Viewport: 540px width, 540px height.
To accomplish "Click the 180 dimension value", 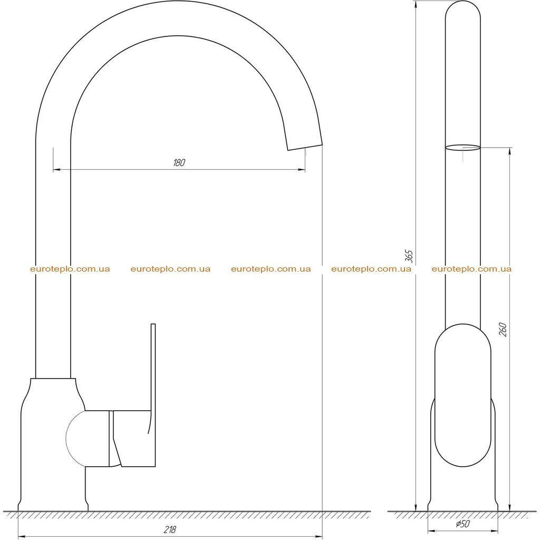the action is (x=179, y=162).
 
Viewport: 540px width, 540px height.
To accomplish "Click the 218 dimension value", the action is (x=169, y=529).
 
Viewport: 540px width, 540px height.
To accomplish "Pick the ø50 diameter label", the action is (x=462, y=524).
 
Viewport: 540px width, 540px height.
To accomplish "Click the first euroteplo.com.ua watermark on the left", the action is (x=70, y=269).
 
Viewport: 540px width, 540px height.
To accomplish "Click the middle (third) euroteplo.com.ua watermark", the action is (x=271, y=269).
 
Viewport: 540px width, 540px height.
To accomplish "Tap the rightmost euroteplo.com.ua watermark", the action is (x=471, y=269).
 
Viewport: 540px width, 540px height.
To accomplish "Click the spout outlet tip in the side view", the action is (x=305, y=147).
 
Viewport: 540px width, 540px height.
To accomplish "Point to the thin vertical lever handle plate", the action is (x=153, y=395).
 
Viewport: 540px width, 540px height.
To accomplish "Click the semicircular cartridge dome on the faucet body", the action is (x=75, y=438).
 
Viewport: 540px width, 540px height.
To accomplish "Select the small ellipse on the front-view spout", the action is (x=462, y=148).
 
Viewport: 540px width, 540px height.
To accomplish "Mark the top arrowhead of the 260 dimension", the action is (x=510, y=151).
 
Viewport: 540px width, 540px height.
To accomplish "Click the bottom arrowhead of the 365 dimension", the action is (x=416, y=507).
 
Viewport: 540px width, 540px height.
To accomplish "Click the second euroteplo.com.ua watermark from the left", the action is (x=170, y=269).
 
